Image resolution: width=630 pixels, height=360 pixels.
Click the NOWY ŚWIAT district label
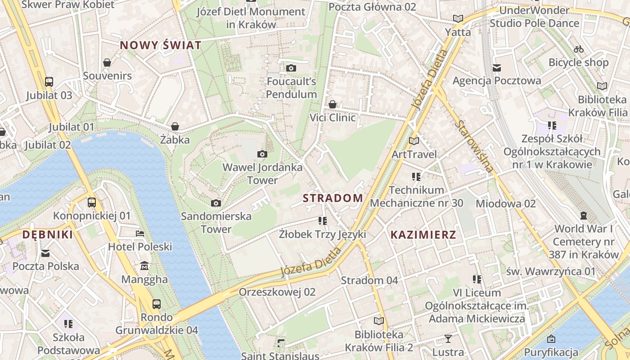(160, 45)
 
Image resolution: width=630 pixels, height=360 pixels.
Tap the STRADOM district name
(333, 198)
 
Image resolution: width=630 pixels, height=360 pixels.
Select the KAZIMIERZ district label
(423, 234)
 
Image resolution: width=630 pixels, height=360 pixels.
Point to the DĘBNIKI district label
(48, 234)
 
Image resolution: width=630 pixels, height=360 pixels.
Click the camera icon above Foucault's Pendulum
(291, 68)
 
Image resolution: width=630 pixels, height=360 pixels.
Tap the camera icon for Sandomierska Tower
(216, 203)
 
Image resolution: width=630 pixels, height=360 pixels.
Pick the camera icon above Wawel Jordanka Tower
(262, 154)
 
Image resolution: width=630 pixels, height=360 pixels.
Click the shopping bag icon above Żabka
(175, 127)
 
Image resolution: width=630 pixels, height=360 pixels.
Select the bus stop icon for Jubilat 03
(49, 82)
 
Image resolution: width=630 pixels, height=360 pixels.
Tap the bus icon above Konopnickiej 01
(92, 202)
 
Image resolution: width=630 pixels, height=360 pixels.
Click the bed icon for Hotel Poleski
(140, 234)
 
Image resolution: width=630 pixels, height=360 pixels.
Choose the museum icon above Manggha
(144, 266)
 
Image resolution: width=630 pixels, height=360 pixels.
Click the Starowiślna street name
(474, 146)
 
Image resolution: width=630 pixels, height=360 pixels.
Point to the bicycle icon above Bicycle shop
(579, 49)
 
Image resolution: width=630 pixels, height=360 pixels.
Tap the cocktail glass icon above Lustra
(448, 338)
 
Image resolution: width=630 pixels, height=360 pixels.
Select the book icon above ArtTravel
(414, 141)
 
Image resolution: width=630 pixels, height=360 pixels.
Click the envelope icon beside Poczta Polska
(45, 253)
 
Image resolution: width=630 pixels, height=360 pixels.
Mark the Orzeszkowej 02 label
(277, 292)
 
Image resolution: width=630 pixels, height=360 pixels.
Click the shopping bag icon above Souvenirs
(107, 63)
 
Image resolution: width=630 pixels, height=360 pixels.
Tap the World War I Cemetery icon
(584, 216)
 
